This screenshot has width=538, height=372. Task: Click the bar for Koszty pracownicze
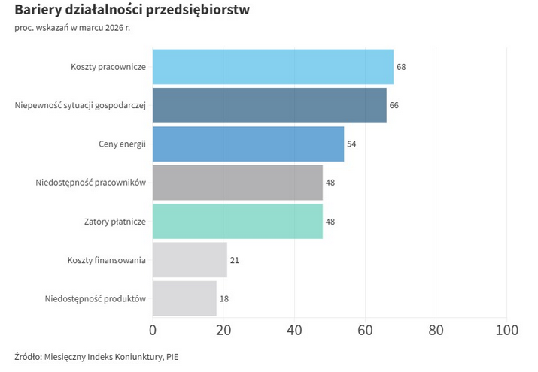pos(272,67)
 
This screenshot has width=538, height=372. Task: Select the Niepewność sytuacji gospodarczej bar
pos(269,105)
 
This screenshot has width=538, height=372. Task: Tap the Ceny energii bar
pos(248,144)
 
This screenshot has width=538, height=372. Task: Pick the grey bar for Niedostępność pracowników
pos(237,183)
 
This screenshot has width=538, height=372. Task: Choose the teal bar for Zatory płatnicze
pos(237,222)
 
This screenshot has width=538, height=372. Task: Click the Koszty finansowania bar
pos(190,260)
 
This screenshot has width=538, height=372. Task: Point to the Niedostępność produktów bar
pos(184,298)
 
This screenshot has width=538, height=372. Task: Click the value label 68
pos(401,67)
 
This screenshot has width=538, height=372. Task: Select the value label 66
pos(394,105)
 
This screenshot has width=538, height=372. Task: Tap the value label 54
pos(351,144)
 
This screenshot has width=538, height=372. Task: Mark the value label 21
pos(234,260)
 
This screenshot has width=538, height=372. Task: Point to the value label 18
pos(223,298)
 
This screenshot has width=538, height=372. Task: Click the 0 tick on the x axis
pos(153,330)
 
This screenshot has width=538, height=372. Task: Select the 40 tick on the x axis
pos(294,330)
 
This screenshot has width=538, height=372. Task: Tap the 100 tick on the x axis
pos(507,330)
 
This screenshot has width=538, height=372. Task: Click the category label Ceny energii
pos(121,144)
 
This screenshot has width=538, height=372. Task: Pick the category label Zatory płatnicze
pos(114,222)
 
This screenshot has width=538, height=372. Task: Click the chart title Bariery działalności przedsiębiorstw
pos(132,11)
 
